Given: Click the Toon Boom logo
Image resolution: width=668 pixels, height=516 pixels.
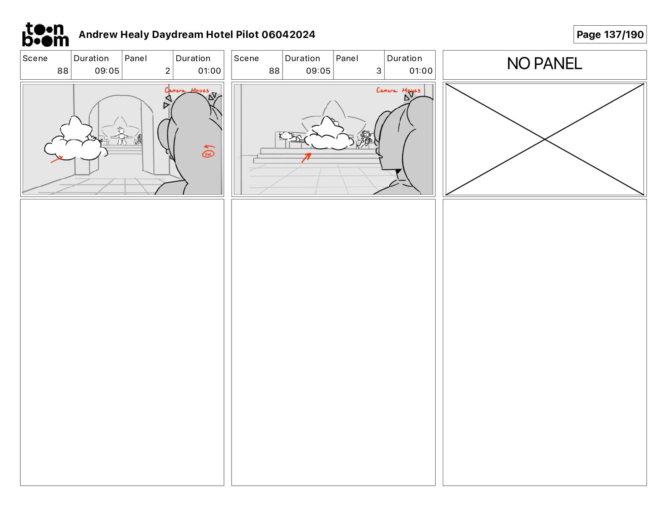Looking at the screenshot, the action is click(46, 35).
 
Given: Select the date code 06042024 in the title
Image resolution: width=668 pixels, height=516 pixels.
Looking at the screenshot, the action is click(288, 35).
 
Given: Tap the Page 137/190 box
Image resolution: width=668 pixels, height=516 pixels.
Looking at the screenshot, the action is click(610, 35).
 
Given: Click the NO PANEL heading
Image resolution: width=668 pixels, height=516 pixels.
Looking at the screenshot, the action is click(544, 64).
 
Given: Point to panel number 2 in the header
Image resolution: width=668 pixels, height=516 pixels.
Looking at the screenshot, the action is click(167, 71).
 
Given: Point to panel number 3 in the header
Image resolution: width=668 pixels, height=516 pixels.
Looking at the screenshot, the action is click(379, 71).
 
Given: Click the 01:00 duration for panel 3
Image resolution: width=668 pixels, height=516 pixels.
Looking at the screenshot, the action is click(420, 71).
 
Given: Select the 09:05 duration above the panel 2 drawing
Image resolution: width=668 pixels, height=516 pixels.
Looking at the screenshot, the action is click(107, 71).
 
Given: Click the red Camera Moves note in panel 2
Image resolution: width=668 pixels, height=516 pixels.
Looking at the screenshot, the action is click(186, 90).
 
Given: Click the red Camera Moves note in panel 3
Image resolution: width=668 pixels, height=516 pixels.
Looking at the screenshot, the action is click(398, 90).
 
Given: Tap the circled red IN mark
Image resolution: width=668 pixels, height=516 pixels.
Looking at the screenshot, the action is click(208, 154).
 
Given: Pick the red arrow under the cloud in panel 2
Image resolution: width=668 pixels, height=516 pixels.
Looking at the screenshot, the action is click(57, 159).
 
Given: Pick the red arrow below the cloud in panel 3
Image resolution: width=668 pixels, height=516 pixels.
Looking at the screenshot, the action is click(306, 158).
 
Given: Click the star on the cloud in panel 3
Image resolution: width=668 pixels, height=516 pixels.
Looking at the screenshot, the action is click(327, 126).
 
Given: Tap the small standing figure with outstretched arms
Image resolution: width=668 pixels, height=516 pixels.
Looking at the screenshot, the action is click(122, 136).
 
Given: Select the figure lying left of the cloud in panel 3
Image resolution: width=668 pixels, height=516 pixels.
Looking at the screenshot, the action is click(291, 137).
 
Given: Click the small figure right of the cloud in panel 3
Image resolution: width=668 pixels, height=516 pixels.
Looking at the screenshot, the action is click(365, 139).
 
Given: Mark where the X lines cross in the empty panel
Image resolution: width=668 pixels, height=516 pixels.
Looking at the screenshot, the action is click(544, 139).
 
